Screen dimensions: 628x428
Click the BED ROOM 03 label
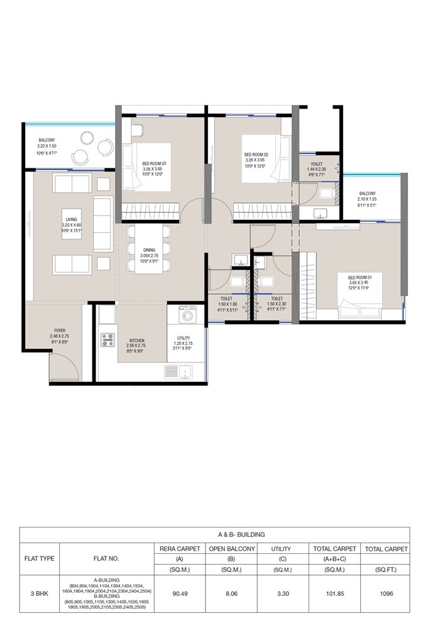click(152, 163)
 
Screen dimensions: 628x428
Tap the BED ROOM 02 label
click(256, 154)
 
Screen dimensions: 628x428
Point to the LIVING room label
click(71, 219)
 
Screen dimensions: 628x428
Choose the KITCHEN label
click(136, 340)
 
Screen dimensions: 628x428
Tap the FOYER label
click(60, 330)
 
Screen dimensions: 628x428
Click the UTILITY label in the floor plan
click(184, 338)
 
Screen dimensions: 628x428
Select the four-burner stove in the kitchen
click(107, 340)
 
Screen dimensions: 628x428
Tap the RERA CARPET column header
click(180, 549)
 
